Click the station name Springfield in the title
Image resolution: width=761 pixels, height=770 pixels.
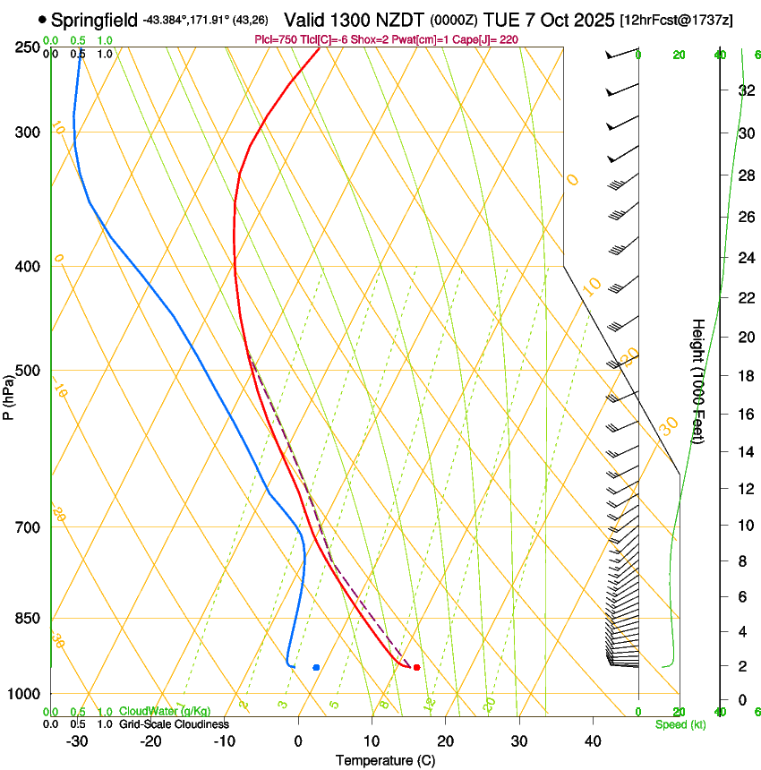(94, 20)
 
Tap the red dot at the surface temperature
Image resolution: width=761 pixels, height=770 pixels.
(416, 667)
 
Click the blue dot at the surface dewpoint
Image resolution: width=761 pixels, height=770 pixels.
(316, 667)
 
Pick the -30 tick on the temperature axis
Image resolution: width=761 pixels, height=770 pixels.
(77, 740)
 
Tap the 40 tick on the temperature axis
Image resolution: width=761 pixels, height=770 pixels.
(593, 740)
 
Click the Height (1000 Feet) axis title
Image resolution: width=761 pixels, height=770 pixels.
(698, 381)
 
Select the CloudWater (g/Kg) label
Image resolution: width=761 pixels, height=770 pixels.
(165, 712)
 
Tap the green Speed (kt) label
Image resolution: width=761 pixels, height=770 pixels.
(680, 723)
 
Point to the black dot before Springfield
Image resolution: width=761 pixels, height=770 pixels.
(42, 19)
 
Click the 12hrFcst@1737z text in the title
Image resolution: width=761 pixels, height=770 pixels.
(676, 20)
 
